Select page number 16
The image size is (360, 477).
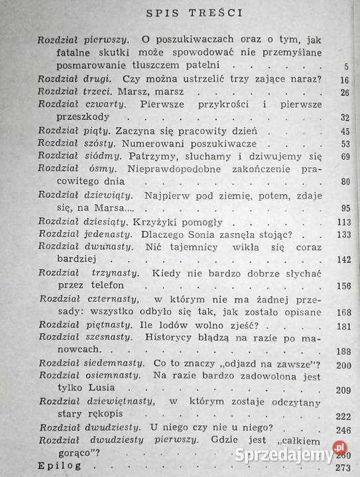[x=343, y=80]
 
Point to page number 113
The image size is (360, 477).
[x=341, y=222]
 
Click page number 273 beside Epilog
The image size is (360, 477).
[x=341, y=466]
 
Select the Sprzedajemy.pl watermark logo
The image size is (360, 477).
[x=293, y=454]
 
